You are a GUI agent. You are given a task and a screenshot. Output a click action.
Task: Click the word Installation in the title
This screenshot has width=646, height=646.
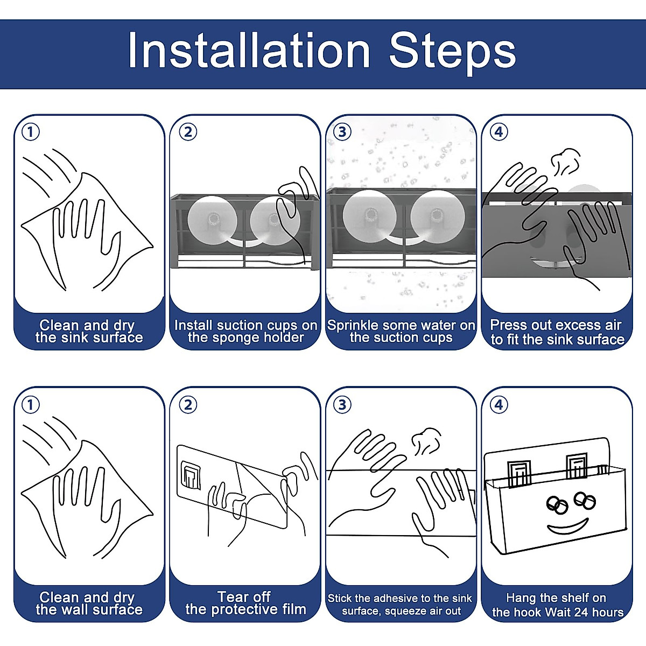249,51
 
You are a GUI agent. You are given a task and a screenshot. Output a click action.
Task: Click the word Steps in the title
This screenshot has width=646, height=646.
452,54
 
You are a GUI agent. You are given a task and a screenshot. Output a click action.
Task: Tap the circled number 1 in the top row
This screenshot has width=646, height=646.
31,132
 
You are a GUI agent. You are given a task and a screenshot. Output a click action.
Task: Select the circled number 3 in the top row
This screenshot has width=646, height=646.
342,132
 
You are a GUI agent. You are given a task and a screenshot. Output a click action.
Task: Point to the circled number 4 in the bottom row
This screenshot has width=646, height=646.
498,405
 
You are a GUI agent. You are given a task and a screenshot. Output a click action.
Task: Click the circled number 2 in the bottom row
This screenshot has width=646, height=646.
188,405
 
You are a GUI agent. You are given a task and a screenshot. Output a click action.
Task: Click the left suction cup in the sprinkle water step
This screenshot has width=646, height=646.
369,216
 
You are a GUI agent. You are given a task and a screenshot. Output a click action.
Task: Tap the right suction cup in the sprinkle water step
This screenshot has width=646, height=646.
437,216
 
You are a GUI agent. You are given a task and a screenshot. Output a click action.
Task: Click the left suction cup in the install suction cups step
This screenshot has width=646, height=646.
212,221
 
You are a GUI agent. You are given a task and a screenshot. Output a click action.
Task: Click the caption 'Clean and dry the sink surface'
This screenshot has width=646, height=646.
89,331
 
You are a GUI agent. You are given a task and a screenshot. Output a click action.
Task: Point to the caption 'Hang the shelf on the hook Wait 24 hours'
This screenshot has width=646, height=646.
557,605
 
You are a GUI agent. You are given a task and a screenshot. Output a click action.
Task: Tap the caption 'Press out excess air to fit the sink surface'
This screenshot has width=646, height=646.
557,332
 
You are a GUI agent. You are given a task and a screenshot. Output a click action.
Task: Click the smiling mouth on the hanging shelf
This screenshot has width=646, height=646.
568,526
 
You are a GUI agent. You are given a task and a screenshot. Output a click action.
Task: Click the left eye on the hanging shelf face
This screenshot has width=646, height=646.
557,505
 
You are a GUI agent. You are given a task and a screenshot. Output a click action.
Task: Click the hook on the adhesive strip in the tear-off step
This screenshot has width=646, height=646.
191,475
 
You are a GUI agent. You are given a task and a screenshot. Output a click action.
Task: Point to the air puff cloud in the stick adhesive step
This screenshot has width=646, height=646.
426,441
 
